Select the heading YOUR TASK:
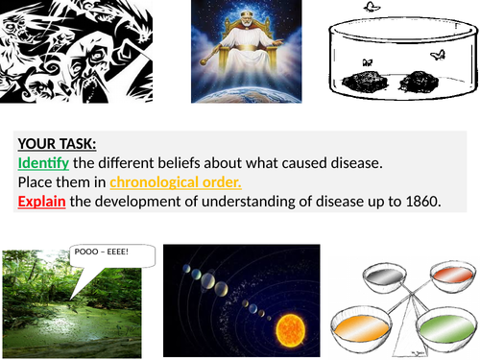point(56,145)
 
